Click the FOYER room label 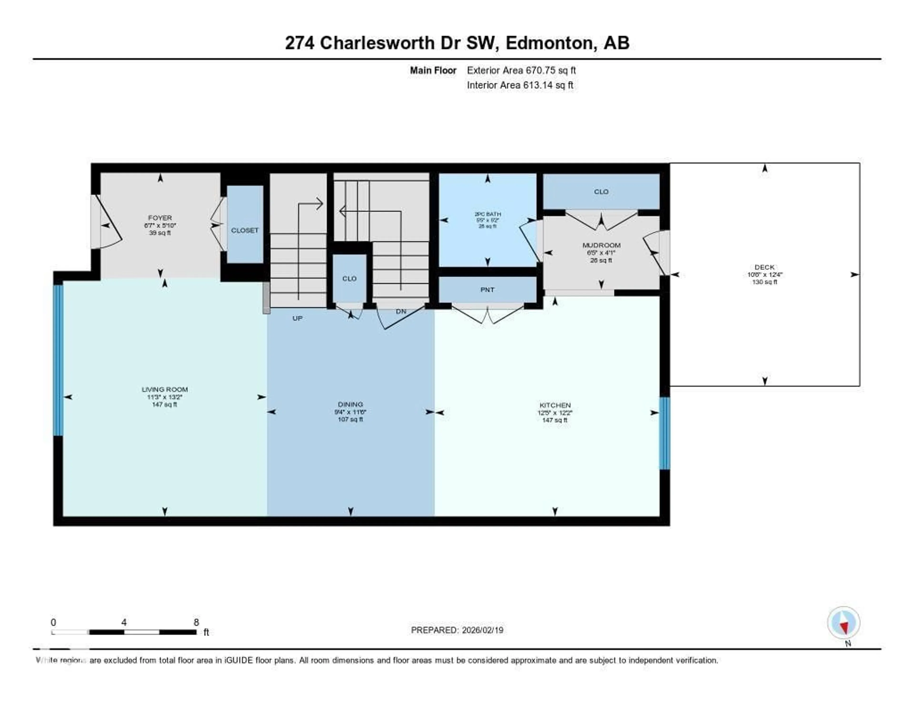[160, 218]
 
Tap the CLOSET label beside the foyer [245, 230]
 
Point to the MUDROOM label [601, 245]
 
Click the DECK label [764, 267]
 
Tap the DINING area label [350, 404]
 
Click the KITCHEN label [555, 405]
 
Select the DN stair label [401, 311]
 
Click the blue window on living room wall [58, 360]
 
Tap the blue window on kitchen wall [664, 433]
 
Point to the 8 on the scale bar [196, 622]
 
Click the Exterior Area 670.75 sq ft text [521, 70]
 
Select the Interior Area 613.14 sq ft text [520, 85]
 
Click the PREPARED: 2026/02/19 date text [457, 630]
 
